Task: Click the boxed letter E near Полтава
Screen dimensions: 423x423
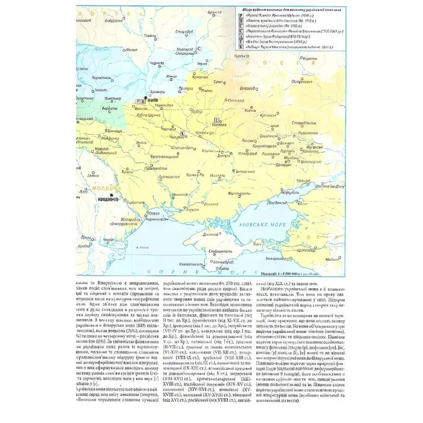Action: pyautogui.click(x=217, y=120)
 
